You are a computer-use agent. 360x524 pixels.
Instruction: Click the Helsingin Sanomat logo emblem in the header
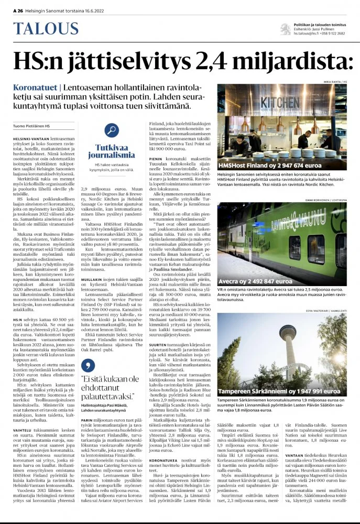285,28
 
